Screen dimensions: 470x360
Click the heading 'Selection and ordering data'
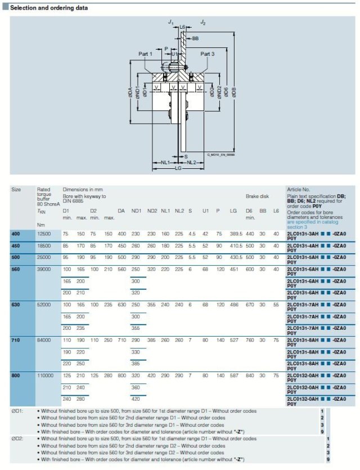click(49, 8)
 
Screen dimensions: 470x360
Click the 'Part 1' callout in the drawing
click(146, 54)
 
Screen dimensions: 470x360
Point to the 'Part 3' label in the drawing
click(208, 54)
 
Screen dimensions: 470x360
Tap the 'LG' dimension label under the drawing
click(178, 168)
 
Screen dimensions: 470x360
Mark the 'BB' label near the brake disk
click(195, 38)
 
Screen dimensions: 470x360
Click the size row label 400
click(16, 233)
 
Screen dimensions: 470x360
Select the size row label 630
click(16, 304)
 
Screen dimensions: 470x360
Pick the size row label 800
click(16, 375)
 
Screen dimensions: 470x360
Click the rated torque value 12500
click(45, 233)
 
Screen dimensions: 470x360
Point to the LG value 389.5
click(236, 233)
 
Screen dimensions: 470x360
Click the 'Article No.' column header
click(299, 190)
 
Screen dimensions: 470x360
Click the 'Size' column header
click(16, 190)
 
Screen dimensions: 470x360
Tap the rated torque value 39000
click(45, 268)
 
